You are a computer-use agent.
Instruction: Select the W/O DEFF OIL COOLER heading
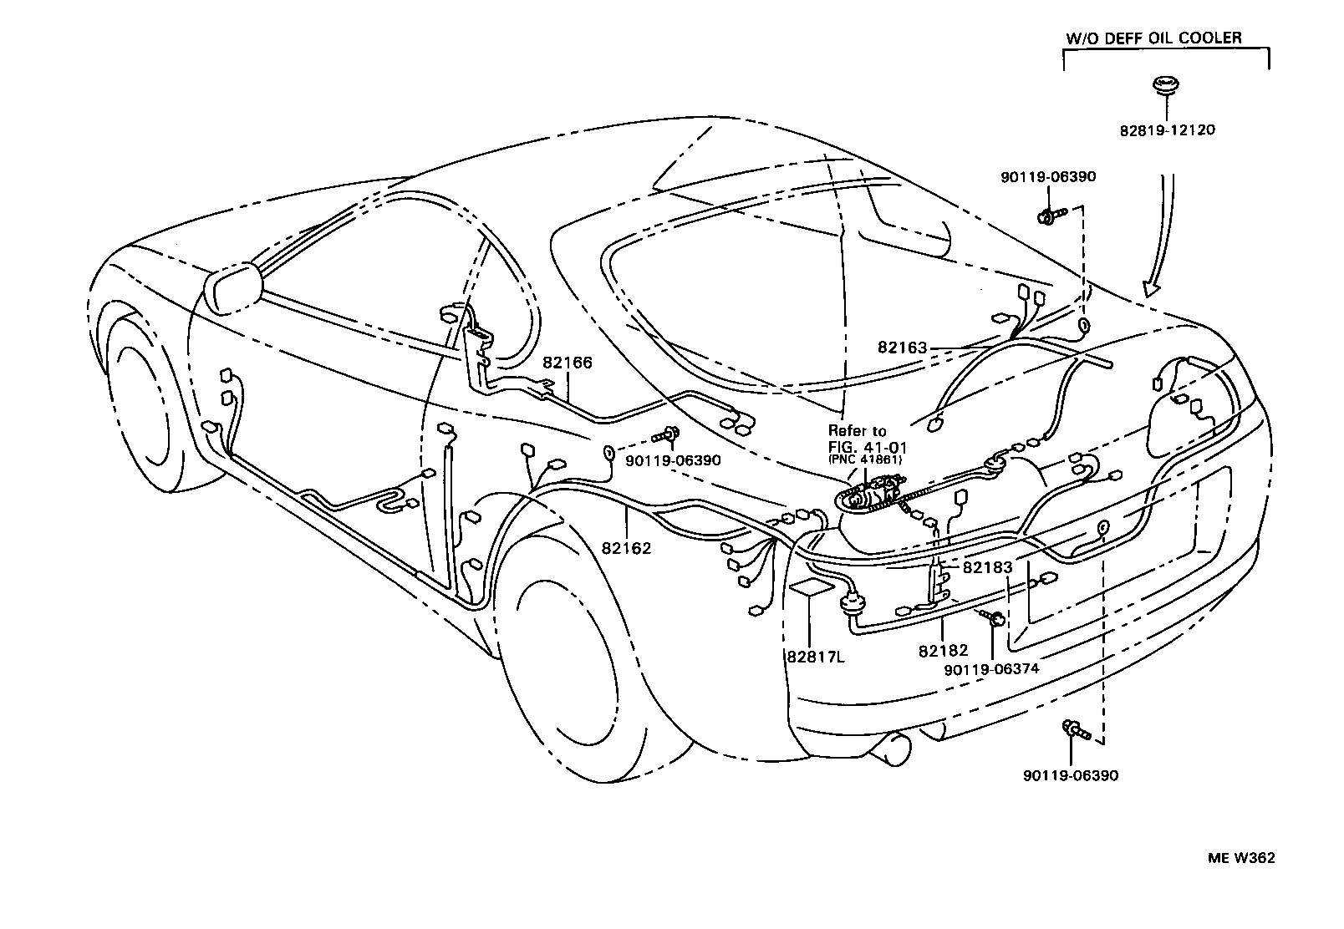pyautogui.click(x=1153, y=38)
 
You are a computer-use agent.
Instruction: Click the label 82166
pyautogui.click(x=567, y=363)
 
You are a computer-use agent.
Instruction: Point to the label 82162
pyautogui.click(x=626, y=549)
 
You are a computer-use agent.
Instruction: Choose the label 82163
pyautogui.click(x=902, y=348)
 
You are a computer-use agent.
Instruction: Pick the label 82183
pyautogui.click(x=987, y=567)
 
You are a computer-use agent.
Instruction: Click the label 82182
pyautogui.click(x=942, y=650)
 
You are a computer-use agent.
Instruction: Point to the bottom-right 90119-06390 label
pyautogui.click(x=1070, y=775)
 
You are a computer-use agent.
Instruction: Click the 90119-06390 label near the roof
pyautogui.click(x=1048, y=176)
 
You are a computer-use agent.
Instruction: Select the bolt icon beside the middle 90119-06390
pyautogui.click(x=669, y=434)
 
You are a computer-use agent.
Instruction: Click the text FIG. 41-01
pyautogui.click(x=861, y=446)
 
